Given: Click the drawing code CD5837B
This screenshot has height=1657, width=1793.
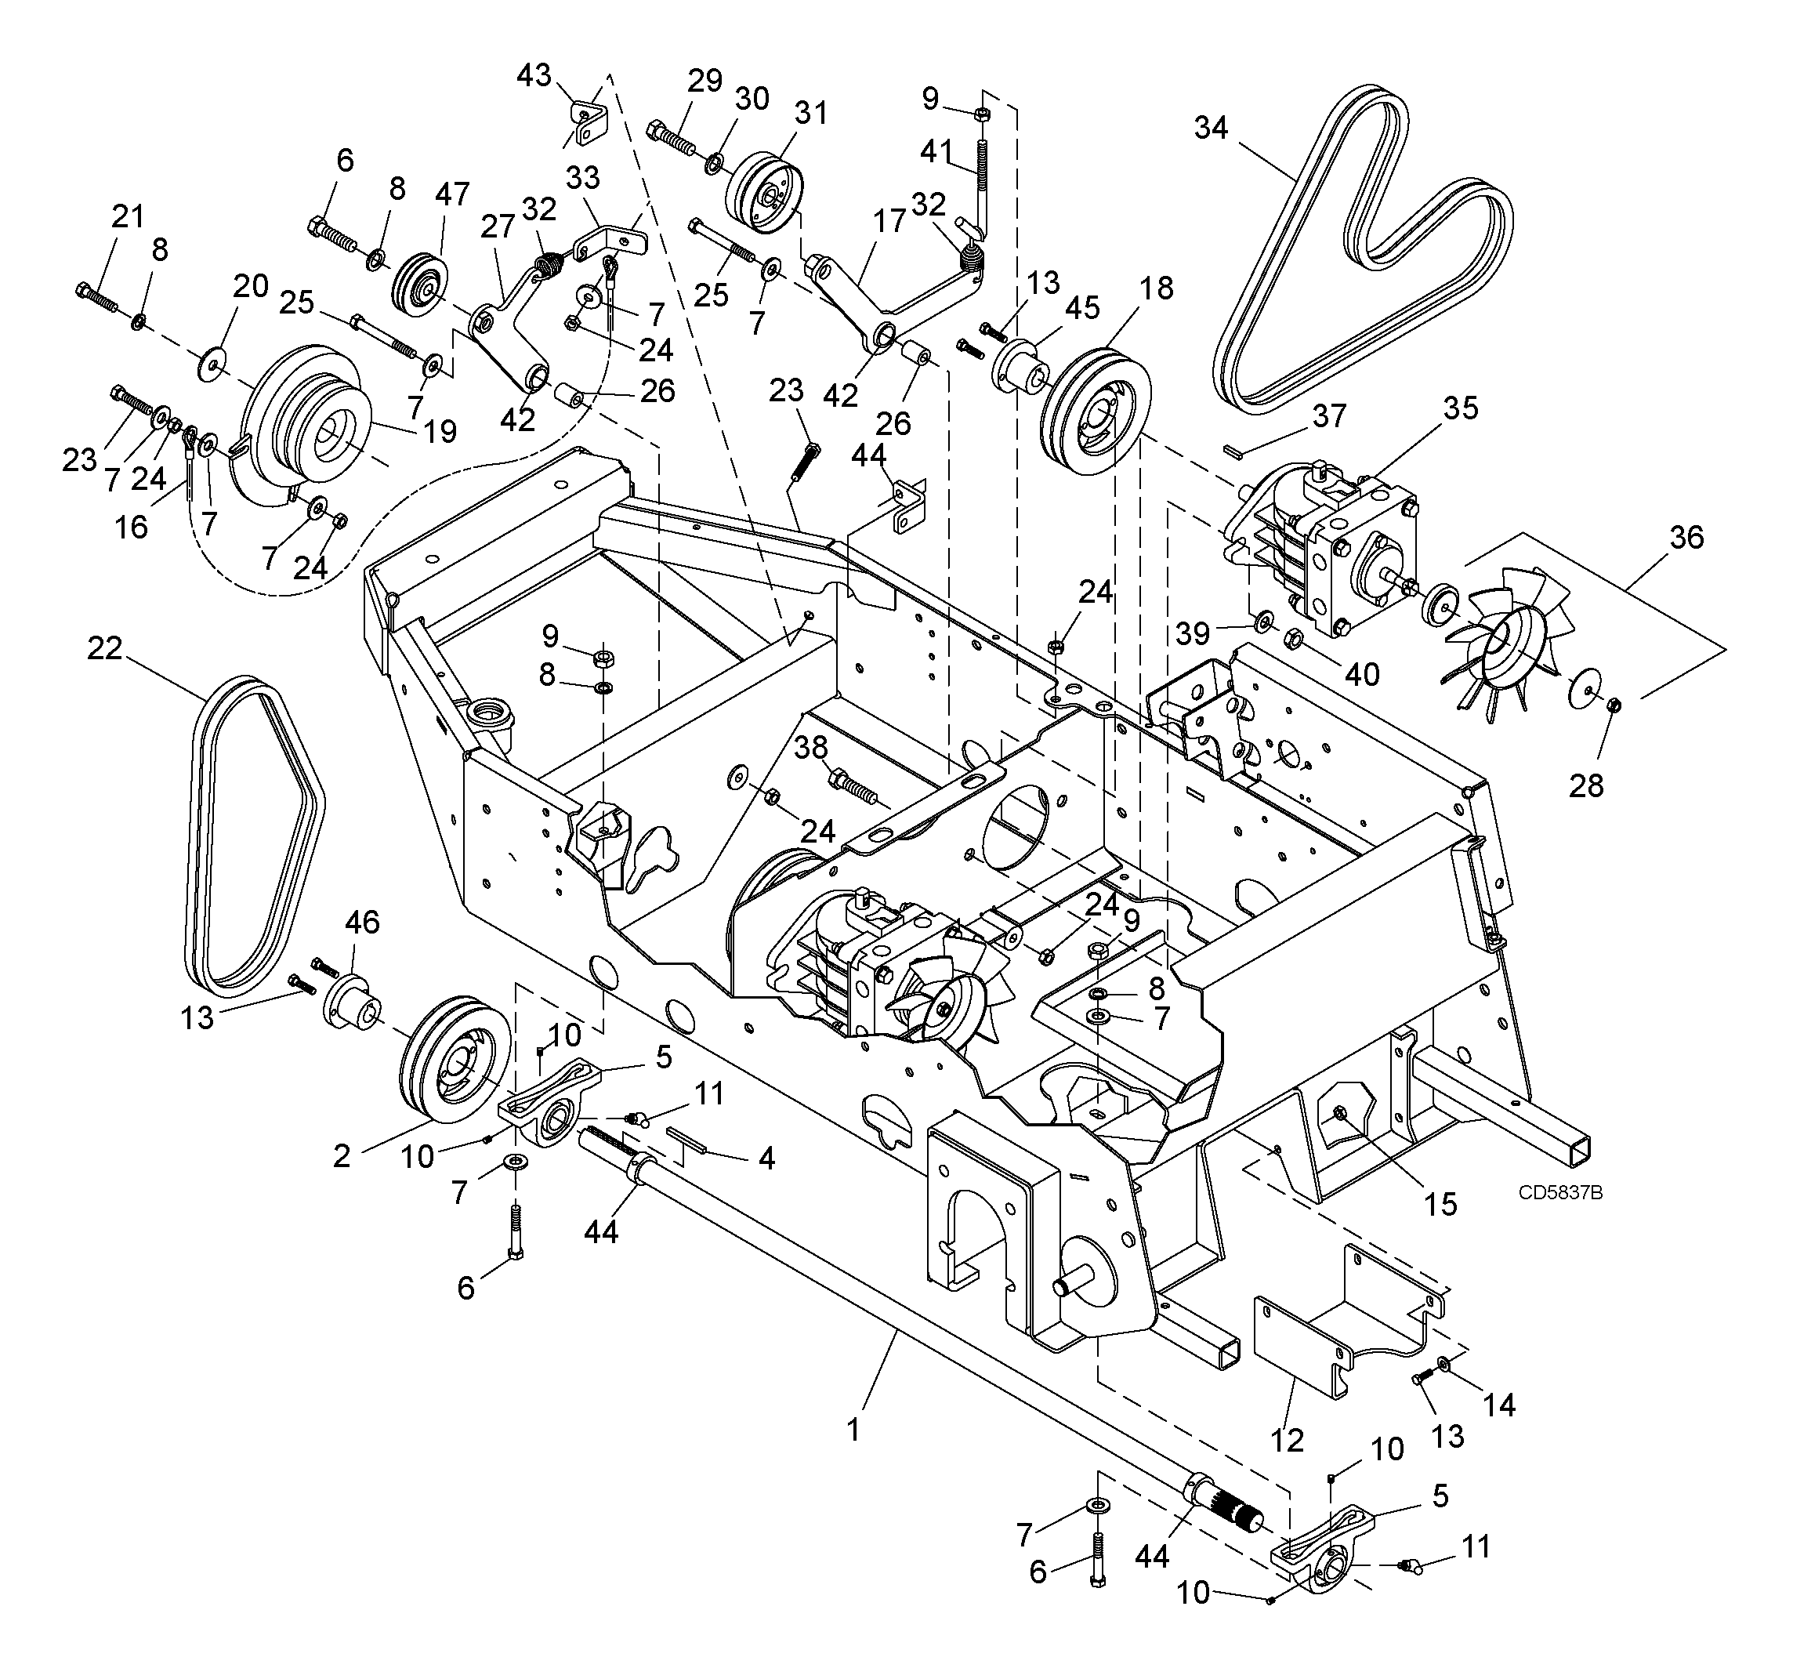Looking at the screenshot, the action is pyautogui.click(x=1560, y=1192).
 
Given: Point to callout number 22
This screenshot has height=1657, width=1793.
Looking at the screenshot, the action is pyautogui.click(x=105, y=647).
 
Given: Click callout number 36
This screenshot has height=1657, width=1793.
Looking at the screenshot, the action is pyautogui.click(x=1686, y=537).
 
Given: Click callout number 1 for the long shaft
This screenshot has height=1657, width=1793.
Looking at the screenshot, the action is pyautogui.click(x=853, y=1429).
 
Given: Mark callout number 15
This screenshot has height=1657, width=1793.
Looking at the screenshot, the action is pyautogui.click(x=1440, y=1203).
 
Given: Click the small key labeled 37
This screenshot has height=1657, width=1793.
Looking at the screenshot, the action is pyautogui.click(x=1234, y=449).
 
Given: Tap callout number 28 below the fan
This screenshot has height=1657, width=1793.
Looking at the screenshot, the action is pyautogui.click(x=1586, y=785).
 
